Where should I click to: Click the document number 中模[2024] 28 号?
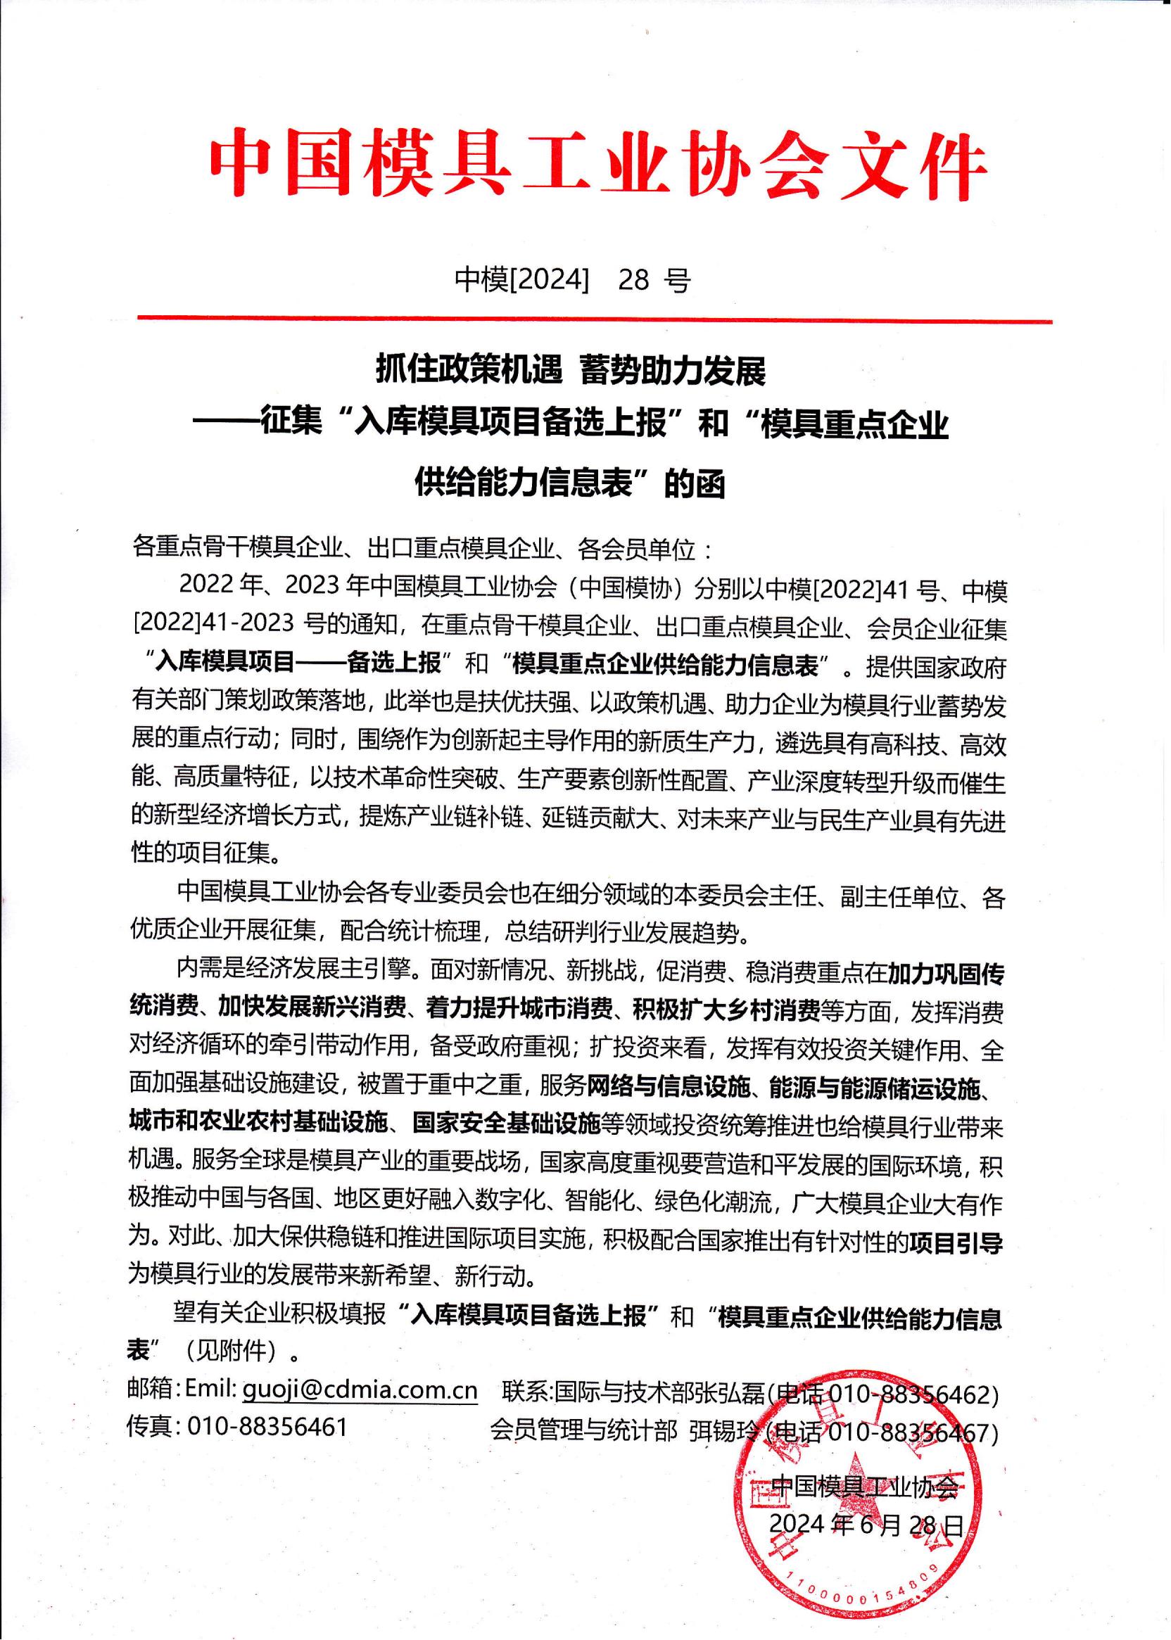(x=573, y=280)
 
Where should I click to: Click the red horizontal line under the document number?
(x=594, y=319)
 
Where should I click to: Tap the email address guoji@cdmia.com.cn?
(x=360, y=1389)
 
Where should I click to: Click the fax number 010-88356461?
(x=268, y=1427)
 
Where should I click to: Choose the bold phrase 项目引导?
(x=956, y=1242)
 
